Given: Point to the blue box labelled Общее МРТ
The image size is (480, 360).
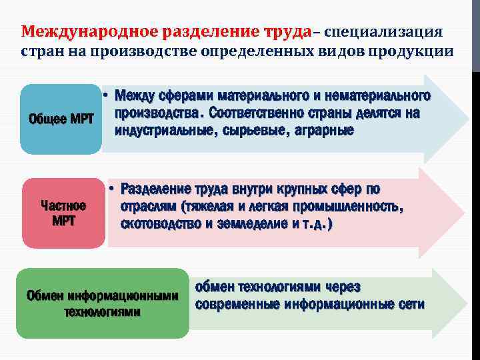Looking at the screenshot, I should [x=62, y=119].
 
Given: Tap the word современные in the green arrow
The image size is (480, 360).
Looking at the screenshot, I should [x=236, y=305].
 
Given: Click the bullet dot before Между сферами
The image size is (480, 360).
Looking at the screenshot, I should [x=107, y=97].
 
